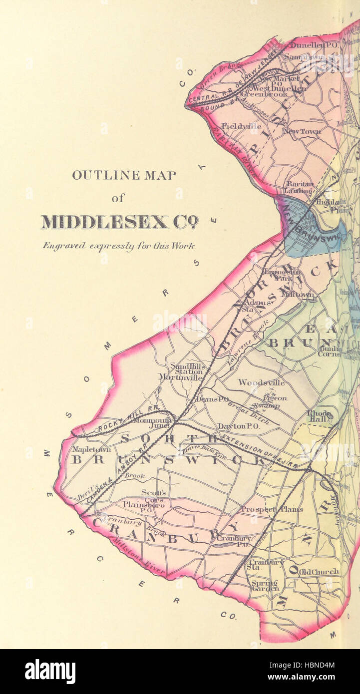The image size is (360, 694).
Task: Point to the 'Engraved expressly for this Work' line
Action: [x=119, y=246]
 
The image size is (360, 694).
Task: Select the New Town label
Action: [x=302, y=131]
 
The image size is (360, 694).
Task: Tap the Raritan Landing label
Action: [x=299, y=187]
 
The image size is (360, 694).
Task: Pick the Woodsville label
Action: [x=261, y=382]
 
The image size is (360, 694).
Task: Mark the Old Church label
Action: [x=319, y=571]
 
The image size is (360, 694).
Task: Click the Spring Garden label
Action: [x=265, y=586]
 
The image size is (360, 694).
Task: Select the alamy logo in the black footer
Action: [x=50, y=672]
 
